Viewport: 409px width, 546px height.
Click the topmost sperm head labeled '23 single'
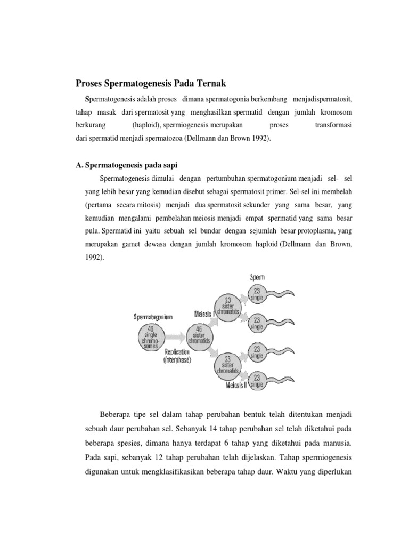[x=257, y=295]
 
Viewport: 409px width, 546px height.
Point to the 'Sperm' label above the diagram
[x=258, y=277]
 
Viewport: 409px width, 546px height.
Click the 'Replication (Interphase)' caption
[x=178, y=356]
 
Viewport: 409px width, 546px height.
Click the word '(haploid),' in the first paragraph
[x=146, y=125]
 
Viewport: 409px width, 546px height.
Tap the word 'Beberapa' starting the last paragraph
[x=115, y=414]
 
